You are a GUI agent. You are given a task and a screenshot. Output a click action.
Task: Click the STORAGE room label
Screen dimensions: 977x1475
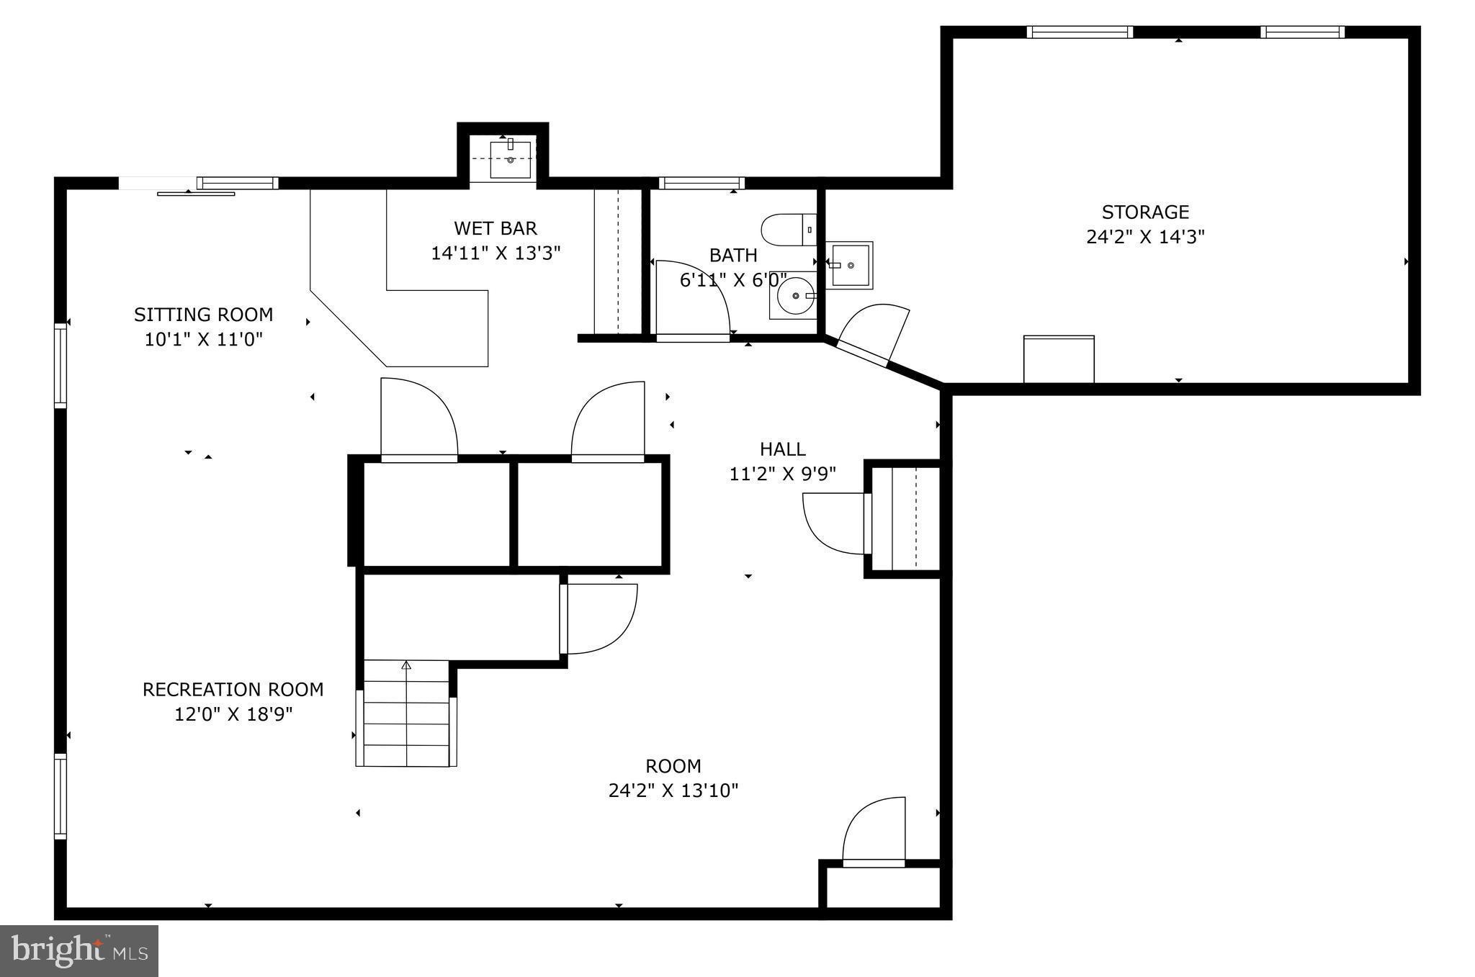(1144, 212)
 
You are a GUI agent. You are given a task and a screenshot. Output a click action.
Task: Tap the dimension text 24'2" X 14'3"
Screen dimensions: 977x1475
(1144, 237)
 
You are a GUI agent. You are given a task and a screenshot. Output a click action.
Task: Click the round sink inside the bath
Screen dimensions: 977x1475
(794, 295)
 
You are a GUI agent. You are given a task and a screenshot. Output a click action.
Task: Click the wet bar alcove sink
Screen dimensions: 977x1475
(510, 159)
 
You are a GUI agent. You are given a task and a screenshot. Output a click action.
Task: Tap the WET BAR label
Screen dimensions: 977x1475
(495, 229)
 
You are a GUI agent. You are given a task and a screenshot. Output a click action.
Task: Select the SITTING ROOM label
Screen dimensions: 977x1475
(203, 315)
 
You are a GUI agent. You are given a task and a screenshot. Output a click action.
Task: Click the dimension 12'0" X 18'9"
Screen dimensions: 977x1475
(233, 714)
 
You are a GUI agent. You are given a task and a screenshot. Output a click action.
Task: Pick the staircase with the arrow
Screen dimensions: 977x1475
(406, 713)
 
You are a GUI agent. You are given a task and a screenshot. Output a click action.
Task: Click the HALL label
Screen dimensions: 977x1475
(782, 449)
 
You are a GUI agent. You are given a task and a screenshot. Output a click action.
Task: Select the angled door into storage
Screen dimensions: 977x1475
(868, 335)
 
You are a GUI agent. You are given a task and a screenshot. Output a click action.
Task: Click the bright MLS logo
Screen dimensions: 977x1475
(79, 951)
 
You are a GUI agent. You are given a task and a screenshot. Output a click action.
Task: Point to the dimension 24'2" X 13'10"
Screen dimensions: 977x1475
(673, 791)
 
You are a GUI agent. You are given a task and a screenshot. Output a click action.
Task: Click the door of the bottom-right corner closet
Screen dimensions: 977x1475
(874, 832)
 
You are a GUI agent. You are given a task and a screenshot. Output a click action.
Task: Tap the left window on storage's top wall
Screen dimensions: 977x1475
(1079, 32)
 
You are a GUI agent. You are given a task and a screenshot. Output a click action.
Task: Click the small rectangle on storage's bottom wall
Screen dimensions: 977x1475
(1058, 359)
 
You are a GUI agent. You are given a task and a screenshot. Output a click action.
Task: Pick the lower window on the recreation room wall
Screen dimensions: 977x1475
(60, 796)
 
